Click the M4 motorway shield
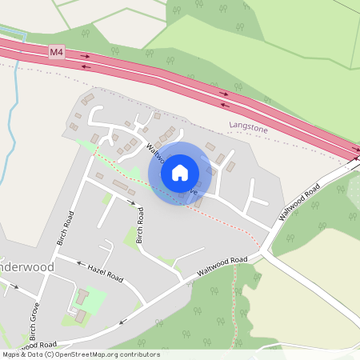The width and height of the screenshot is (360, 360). (56, 52)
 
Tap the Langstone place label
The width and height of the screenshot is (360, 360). (248, 126)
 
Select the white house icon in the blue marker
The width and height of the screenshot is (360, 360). (180, 172)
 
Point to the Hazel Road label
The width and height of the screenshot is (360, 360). (106, 274)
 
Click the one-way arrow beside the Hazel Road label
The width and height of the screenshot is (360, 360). (80, 262)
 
